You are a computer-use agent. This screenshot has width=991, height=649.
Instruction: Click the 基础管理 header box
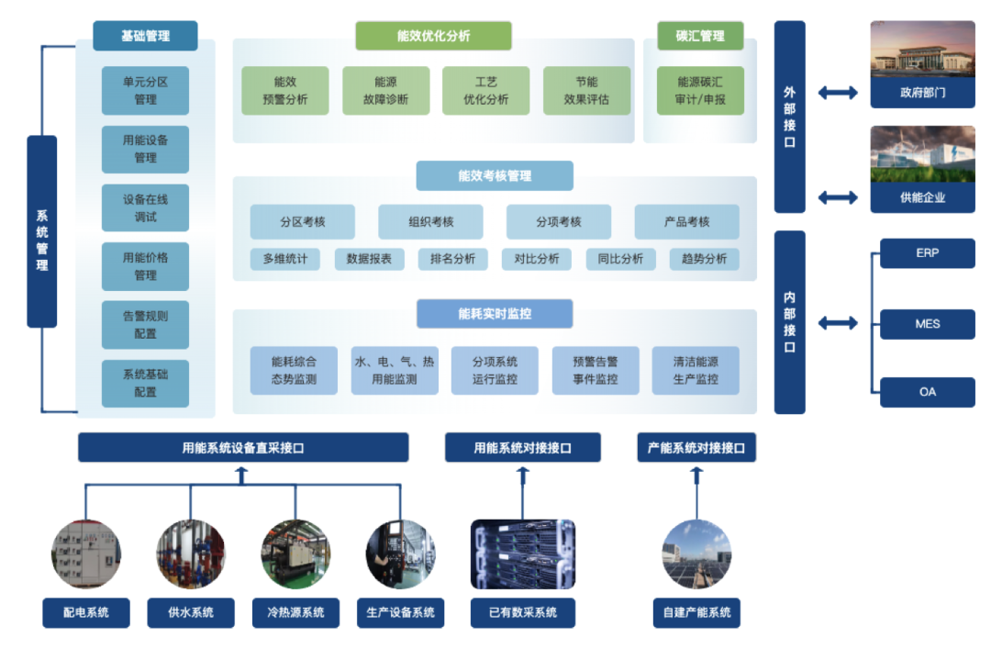point(145,36)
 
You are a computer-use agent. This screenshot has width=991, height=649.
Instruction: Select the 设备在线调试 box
point(145,207)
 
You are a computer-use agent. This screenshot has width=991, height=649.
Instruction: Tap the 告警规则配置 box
point(145,324)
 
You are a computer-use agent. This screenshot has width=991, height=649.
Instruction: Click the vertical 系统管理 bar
point(42,231)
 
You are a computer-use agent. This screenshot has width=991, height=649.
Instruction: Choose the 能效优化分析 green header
point(433,36)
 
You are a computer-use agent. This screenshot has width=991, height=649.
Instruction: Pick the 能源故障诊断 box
point(385,90)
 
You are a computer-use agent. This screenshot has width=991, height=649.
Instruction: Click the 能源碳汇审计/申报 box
point(700,90)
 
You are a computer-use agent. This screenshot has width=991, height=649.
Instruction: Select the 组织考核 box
point(431,221)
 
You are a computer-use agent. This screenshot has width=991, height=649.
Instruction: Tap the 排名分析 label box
point(452,259)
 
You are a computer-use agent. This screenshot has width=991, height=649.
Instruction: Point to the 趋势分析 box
point(704,259)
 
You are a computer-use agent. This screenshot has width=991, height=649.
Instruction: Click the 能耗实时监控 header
point(495,313)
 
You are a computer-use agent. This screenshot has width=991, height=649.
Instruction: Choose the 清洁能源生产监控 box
point(696,370)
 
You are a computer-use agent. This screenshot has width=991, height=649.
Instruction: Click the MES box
point(927,324)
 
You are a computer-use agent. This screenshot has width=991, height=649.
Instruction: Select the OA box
point(927,392)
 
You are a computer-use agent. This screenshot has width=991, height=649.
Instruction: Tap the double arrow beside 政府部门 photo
point(837,93)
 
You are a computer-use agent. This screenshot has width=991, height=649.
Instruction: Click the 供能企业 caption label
point(922,197)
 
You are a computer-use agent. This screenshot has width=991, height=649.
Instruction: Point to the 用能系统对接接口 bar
point(523,448)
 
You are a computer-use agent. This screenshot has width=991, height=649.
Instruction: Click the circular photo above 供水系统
point(191,554)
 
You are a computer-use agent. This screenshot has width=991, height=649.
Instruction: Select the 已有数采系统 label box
point(523,612)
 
